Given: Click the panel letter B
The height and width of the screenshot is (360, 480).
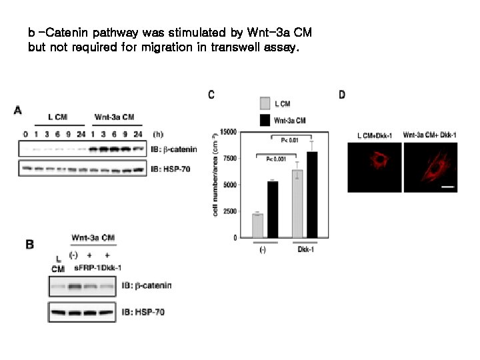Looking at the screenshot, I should pos(29,245).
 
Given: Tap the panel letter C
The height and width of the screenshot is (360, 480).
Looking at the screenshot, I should pos(211,95).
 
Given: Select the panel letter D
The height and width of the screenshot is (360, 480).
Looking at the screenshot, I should pos(342,95).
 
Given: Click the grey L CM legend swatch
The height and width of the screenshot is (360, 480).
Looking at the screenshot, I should pos(265,103).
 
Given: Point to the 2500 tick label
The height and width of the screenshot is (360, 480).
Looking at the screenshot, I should pos(229,211).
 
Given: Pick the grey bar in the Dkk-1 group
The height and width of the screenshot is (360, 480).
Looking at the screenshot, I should pos(297,203).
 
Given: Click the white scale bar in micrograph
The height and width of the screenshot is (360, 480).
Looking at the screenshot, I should pos(448,187).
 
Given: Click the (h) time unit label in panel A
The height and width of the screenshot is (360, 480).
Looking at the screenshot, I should pos(158,134).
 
